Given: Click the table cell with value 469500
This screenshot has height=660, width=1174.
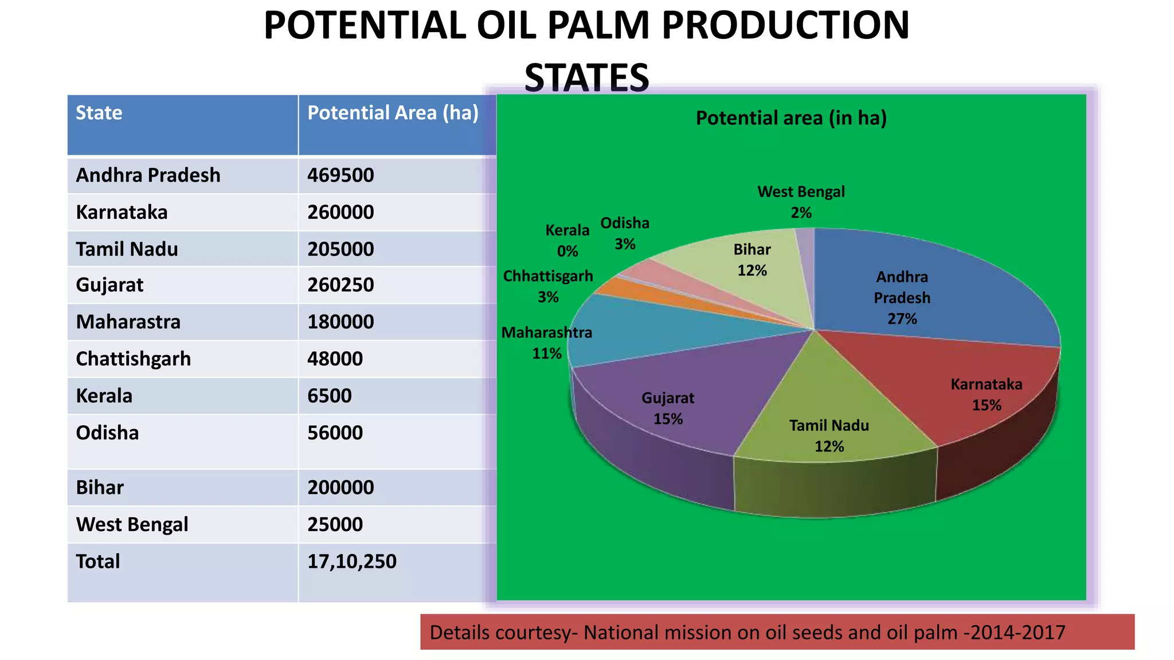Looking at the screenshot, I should (x=341, y=175).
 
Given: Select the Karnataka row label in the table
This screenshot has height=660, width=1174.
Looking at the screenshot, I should (x=122, y=213).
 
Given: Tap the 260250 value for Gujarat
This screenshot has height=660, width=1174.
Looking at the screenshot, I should (x=341, y=285).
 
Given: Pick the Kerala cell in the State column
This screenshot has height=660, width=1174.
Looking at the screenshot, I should (x=104, y=396).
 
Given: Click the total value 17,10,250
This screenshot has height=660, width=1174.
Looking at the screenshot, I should (x=351, y=561).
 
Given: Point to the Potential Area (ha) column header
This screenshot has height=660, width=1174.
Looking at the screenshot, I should (x=393, y=113).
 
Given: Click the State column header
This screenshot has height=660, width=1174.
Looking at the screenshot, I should (x=99, y=113).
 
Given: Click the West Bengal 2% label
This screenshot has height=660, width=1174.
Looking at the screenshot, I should (x=801, y=202).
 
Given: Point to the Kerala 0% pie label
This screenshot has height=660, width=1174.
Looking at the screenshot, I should (x=567, y=241).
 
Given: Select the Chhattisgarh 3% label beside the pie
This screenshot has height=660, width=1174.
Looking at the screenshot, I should (x=547, y=286).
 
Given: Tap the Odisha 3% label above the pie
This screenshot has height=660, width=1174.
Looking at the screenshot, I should (x=624, y=233).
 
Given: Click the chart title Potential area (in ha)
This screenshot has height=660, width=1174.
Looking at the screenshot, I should (x=791, y=118).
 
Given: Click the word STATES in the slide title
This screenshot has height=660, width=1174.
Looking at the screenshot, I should (x=586, y=77).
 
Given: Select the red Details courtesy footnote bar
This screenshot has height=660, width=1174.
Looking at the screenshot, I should (x=777, y=632).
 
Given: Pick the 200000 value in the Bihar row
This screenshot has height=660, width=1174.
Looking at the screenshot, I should (x=341, y=488).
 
